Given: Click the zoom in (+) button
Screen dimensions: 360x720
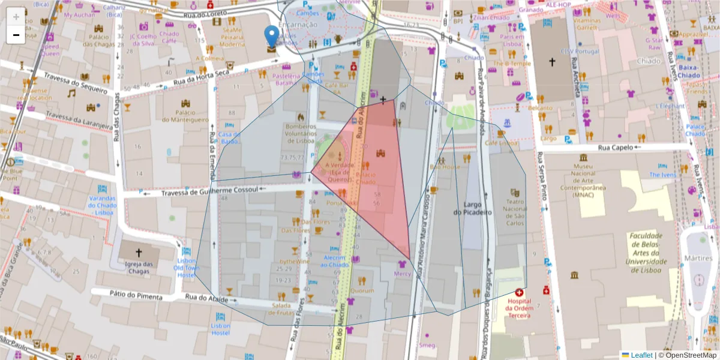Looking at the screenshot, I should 16,17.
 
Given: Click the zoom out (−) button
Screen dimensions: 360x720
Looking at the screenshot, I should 16,35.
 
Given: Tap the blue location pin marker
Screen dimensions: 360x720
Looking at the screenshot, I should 272,37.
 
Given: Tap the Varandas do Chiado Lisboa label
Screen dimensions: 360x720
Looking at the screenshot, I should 101,205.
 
